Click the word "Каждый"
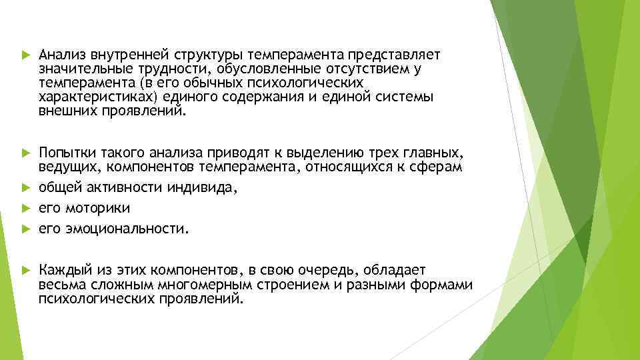(x=62, y=270)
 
